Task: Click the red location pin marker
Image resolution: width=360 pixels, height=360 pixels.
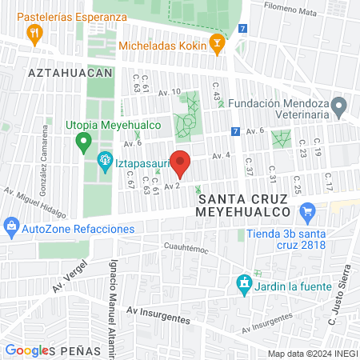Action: (180, 162)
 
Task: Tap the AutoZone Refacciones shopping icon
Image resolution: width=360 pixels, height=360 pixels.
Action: (12, 228)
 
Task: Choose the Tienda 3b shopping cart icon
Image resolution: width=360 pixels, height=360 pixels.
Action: (306, 212)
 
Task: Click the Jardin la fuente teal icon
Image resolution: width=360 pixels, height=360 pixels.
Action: (243, 284)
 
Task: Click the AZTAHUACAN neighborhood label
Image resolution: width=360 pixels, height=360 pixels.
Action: (69, 72)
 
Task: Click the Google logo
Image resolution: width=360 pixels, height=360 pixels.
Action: (26, 350)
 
